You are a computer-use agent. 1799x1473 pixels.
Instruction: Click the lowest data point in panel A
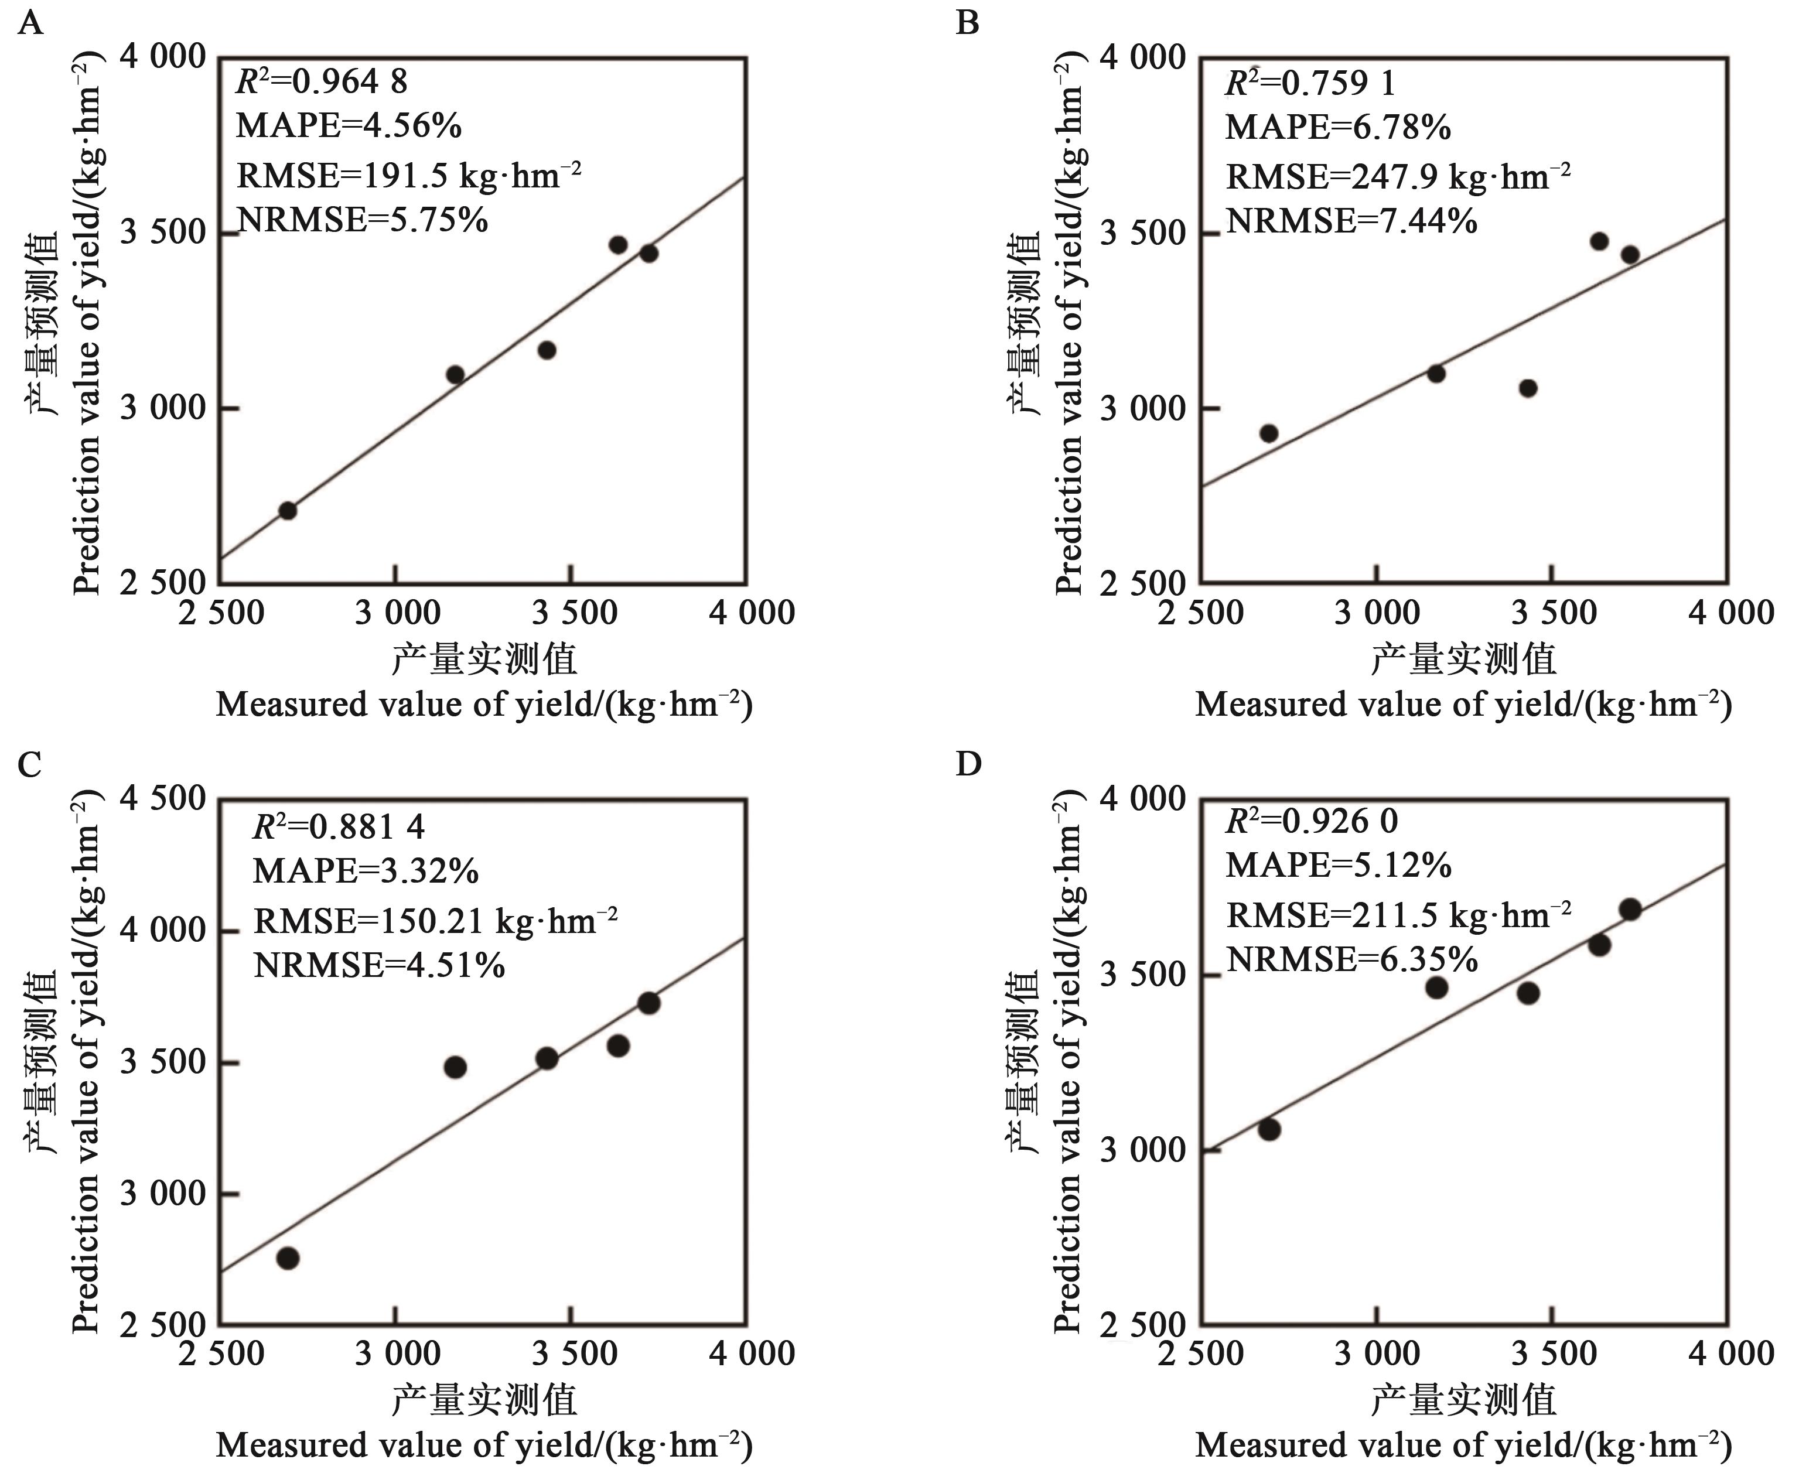click(x=288, y=510)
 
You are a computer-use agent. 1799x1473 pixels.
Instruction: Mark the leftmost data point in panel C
click(x=288, y=1257)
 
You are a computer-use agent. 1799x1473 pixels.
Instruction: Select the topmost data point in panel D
click(x=1629, y=910)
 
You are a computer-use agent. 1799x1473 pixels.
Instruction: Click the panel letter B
click(x=967, y=23)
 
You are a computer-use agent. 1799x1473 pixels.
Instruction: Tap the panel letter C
click(x=30, y=764)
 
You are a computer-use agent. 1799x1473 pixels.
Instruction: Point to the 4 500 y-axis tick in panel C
click(x=163, y=799)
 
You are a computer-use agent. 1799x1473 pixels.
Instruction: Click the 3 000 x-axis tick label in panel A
click(x=398, y=613)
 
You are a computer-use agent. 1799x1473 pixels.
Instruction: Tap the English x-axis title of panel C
click(x=484, y=1445)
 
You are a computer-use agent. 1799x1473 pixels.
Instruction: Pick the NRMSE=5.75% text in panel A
click(x=363, y=221)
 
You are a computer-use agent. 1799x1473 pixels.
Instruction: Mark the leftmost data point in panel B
click(x=1269, y=433)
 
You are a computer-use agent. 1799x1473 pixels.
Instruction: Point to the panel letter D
click(x=967, y=764)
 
